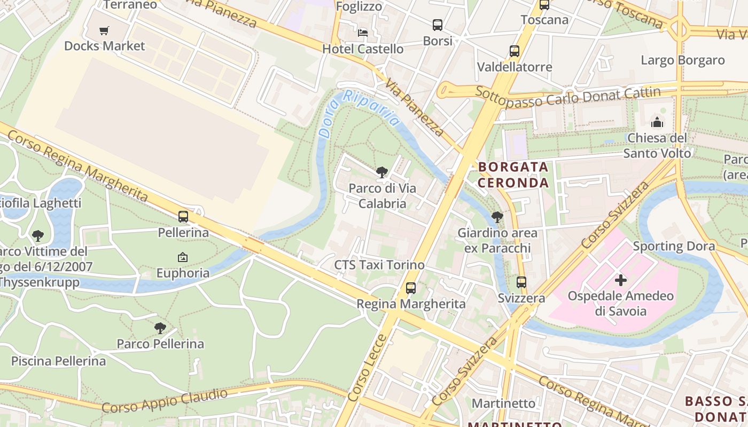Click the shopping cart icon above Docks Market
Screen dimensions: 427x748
(x=104, y=30)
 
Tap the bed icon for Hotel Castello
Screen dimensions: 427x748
(x=363, y=33)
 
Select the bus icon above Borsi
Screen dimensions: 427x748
(x=438, y=25)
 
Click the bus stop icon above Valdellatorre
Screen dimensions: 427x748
(x=515, y=51)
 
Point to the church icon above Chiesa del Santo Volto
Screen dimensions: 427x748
(x=657, y=122)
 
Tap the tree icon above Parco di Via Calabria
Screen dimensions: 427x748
(x=382, y=172)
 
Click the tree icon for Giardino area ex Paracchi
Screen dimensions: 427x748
(x=497, y=217)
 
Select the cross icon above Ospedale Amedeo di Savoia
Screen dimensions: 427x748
(x=621, y=280)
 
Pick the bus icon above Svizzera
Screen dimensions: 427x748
(x=521, y=282)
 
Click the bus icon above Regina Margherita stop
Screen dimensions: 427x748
(x=411, y=288)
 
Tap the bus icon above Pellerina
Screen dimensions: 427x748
(x=183, y=217)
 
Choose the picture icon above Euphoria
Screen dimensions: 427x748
(x=183, y=257)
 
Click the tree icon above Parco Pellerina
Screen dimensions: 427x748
(x=160, y=328)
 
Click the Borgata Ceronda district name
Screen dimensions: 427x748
(x=513, y=175)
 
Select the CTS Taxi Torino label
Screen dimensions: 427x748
(x=379, y=265)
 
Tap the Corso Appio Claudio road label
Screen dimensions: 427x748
(x=165, y=401)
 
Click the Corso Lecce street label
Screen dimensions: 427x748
(x=367, y=368)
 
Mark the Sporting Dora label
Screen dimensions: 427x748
(x=674, y=246)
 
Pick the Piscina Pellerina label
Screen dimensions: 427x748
(x=59, y=361)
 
